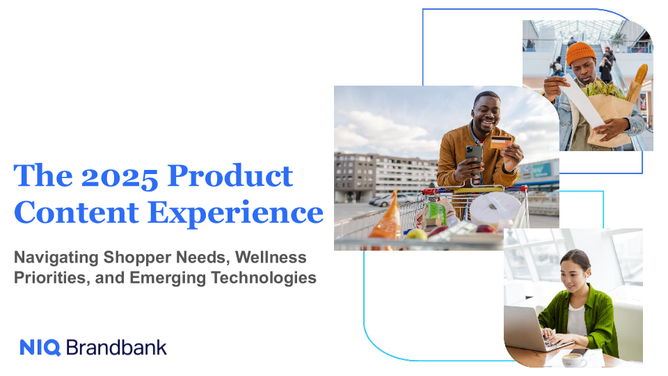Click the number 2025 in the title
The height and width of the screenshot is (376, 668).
[x=120, y=176]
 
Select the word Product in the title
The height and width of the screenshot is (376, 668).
[x=230, y=175]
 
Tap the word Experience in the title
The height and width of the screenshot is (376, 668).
[x=236, y=213]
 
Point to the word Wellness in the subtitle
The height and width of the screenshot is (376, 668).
[x=271, y=258]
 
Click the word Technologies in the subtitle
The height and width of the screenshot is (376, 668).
[x=264, y=278]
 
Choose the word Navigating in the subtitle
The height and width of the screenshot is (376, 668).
[x=56, y=258]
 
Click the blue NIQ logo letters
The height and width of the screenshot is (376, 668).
[x=40, y=347]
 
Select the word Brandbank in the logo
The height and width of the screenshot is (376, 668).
[x=116, y=347]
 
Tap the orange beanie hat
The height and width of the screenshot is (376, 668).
[x=580, y=53]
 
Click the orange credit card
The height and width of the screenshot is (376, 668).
[x=500, y=142]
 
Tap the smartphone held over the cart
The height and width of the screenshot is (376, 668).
[x=473, y=158]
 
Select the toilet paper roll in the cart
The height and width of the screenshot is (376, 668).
[x=495, y=207]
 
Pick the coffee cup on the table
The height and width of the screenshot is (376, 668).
[x=573, y=360]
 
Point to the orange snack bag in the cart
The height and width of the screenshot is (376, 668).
[x=386, y=216]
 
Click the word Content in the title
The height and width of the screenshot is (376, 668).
[x=77, y=212]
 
